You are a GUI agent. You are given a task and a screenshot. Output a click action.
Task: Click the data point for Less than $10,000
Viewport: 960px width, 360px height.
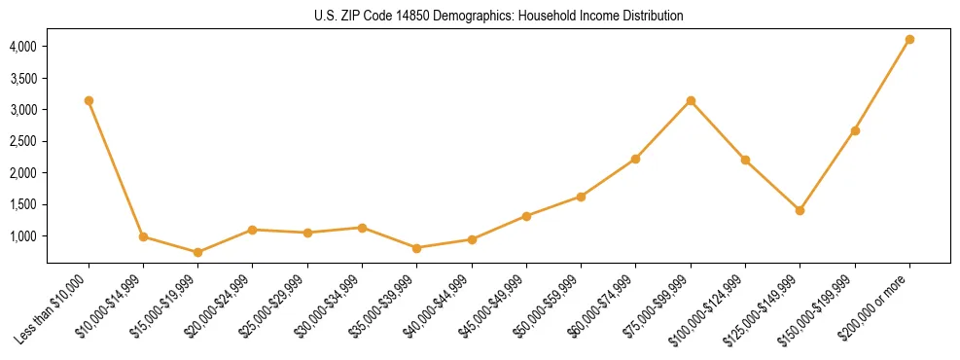pos(89,100)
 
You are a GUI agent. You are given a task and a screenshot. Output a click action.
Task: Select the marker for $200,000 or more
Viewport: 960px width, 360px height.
pos(909,40)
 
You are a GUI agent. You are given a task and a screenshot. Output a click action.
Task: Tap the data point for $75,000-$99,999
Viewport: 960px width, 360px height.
pos(691,100)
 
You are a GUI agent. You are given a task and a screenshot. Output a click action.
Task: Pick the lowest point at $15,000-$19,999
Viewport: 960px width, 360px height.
pos(197,252)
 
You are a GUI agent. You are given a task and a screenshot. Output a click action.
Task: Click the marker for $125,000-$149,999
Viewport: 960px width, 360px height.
pos(800,210)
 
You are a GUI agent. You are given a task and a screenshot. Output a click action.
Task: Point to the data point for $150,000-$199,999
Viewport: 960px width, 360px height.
pos(855,130)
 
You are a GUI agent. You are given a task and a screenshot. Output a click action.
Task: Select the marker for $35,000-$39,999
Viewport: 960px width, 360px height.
pos(416,248)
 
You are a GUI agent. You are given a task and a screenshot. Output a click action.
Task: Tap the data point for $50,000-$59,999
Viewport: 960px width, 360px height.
pos(581,197)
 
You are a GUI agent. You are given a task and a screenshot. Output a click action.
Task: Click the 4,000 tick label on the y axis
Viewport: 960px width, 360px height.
pos(23,47)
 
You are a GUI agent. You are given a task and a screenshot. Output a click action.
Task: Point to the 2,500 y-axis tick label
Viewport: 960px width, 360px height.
pos(23,141)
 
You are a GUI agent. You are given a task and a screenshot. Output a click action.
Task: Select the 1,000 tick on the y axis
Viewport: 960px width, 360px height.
pos(23,236)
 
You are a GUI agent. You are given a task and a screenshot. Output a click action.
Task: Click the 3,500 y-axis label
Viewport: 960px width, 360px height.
pos(23,78)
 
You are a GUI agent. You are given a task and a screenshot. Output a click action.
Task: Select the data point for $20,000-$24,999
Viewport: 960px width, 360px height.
pos(253,230)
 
